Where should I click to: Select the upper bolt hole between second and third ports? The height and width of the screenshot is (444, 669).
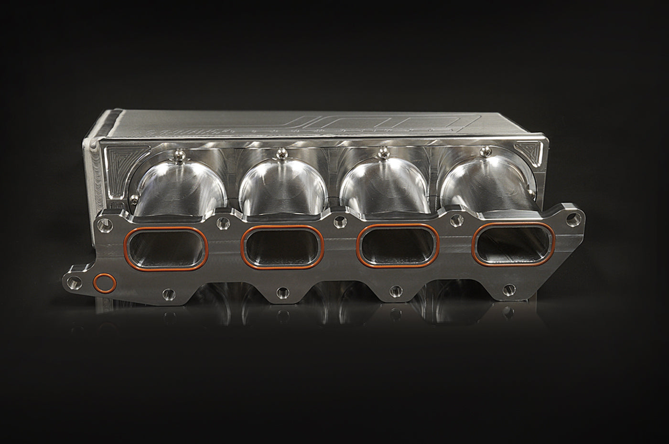pos(339,221)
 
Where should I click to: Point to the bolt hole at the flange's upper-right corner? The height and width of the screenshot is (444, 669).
pos(572,222)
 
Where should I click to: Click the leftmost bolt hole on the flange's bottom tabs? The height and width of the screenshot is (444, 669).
pos(167,292)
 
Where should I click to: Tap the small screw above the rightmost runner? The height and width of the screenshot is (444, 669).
pos(487,151)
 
